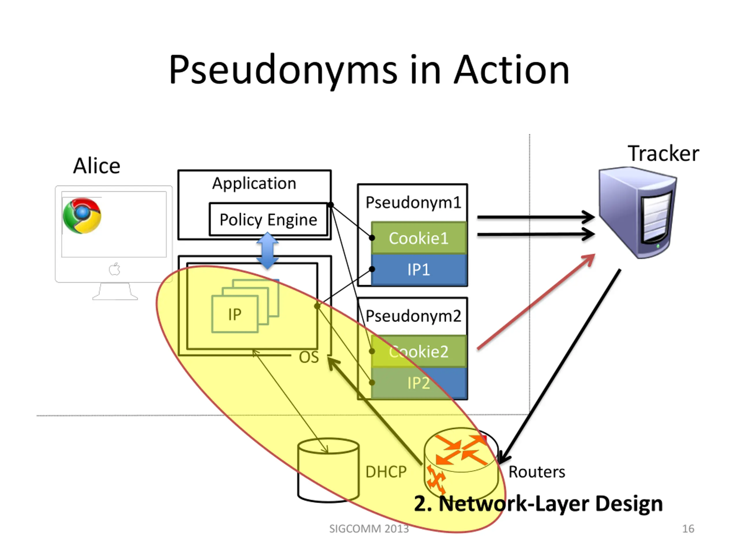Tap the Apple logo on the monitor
[115, 269]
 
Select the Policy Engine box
[268, 219]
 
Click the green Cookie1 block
[419, 238]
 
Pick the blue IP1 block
[419, 269]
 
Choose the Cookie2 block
[419, 351]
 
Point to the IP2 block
[419, 383]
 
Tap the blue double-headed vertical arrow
[267, 251]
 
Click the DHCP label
[386, 472]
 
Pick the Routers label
[537, 472]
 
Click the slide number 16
[688, 529]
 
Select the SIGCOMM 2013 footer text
[369, 529]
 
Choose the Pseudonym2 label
[413, 316]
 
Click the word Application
[254, 183]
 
